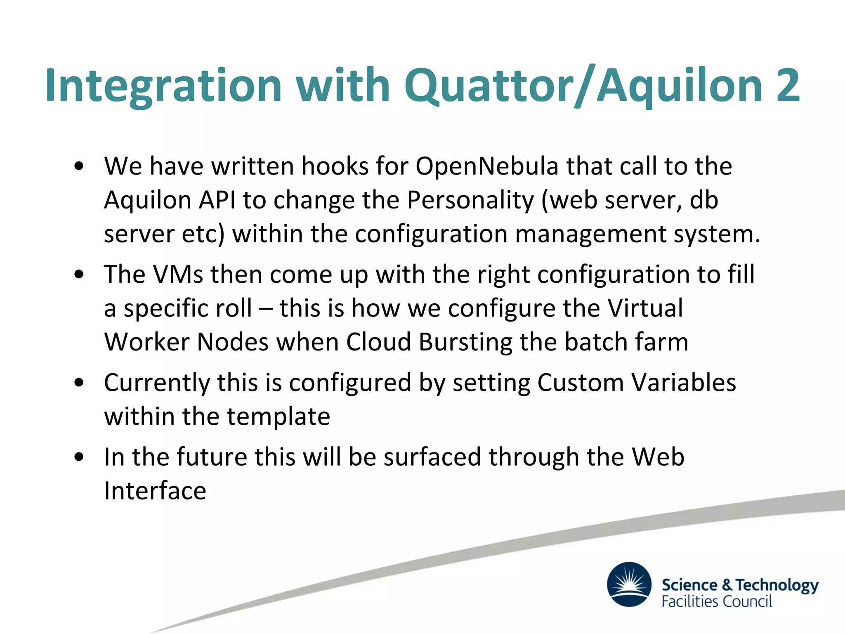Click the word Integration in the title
tap(163, 86)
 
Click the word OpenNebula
tap(487, 166)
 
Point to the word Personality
tap(470, 200)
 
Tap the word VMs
tap(178, 274)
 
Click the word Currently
tap(157, 383)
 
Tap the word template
tap(279, 416)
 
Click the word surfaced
tap(432, 457)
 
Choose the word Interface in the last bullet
tap(155, 491)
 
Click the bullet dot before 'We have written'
tap(79, 167)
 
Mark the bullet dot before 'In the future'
tap(79, 457)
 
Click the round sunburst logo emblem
tap(629, 584)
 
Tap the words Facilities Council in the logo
tap(717, 602)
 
